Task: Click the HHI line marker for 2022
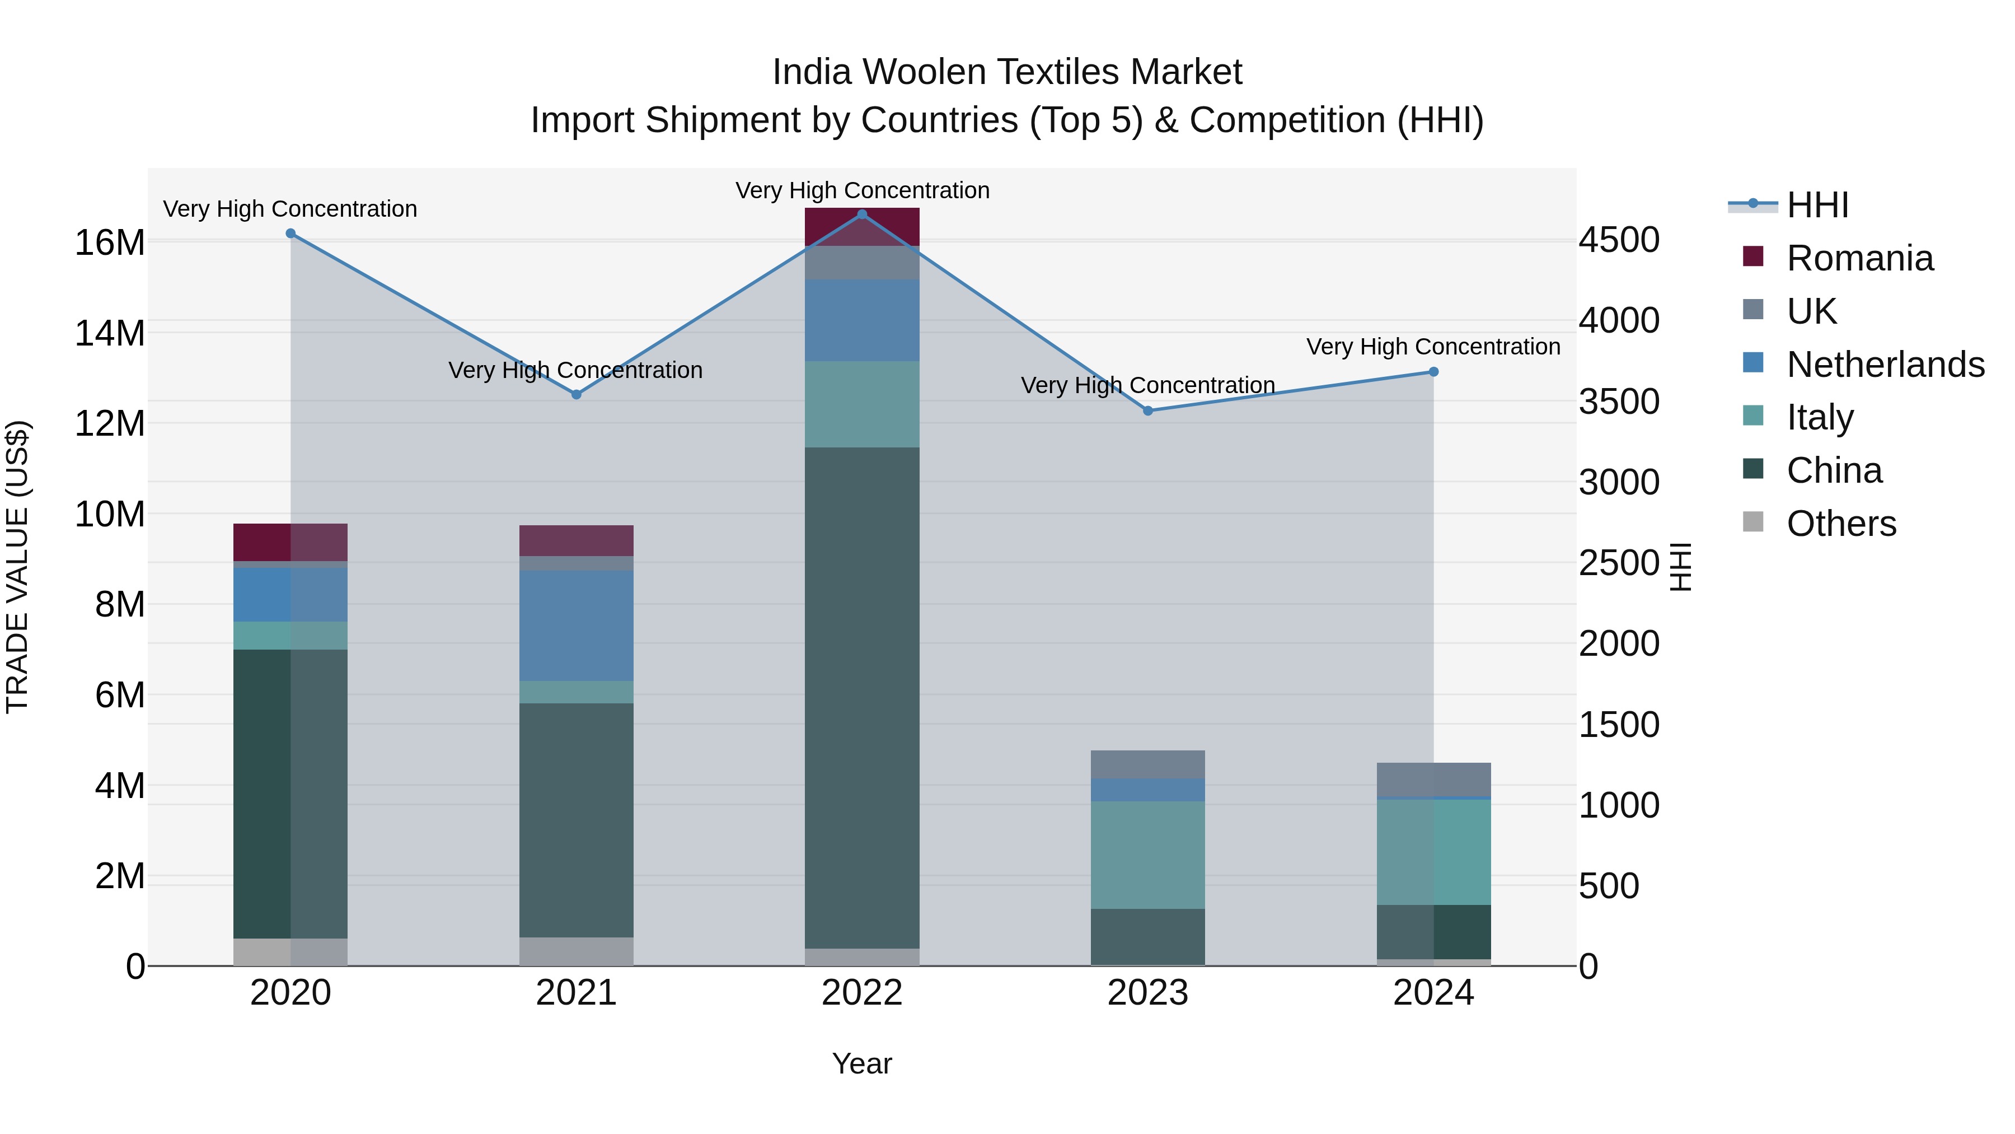click(x=862, y=214)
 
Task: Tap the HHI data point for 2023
click(x=1147, y=411)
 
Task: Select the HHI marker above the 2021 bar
click(x=577, y=394)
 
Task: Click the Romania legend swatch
click(x=1753, y=256)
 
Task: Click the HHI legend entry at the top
click(x=1817, y=205)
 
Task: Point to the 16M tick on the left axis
click(x=110, y=242)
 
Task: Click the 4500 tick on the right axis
click(x=1618, y=240)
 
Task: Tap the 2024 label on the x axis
click(x=1433, y=993)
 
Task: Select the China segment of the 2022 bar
click(x=862, y=697)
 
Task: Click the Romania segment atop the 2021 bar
click(x=577, y=541)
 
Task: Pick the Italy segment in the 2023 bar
click(x=1147, y=855)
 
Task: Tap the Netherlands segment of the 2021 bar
click(x=577, y=626)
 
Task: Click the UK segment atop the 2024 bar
click(x=1433, y=780)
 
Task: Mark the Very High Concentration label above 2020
click(x=290, y=209)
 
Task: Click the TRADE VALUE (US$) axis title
click(x=17, y=567)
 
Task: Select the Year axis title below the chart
click(x=862, y=1063)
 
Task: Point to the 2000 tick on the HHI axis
click(x=1618, y=644)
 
